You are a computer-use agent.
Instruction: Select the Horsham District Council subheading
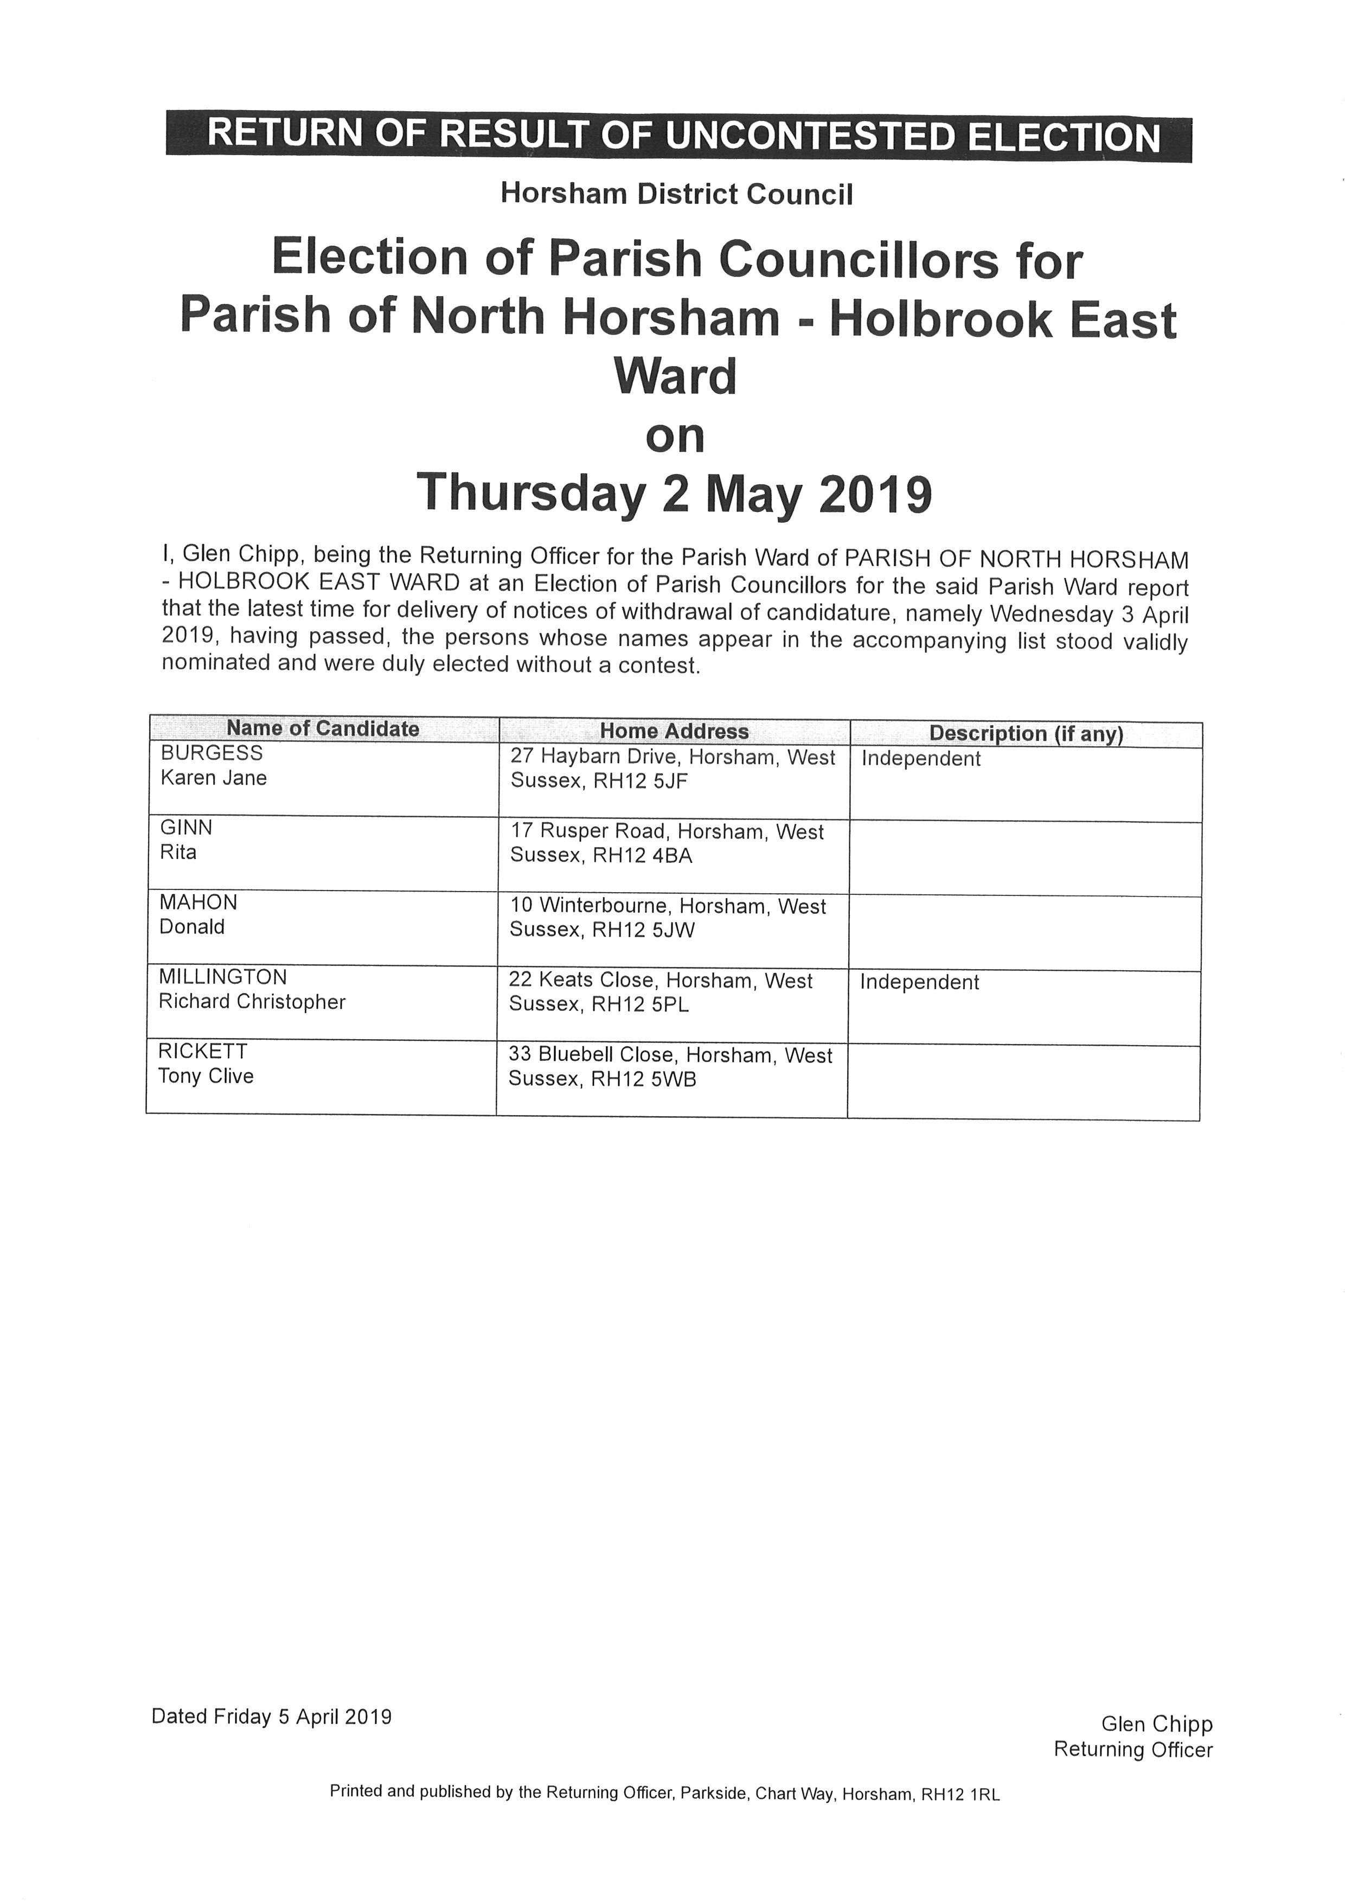[676, 194]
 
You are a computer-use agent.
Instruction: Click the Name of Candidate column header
[323, 729]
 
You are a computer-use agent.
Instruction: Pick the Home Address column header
[674, 732]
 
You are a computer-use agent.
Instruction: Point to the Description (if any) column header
[1026, 734]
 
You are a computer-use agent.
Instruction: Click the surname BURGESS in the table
[211, 753]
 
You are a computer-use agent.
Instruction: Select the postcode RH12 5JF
[640, 781]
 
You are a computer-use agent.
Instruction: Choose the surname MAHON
[198, 902]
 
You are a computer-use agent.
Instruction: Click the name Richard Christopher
[252, 1002]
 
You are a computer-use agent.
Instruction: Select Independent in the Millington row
[919, 983]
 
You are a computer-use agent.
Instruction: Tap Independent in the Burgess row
[921, 759]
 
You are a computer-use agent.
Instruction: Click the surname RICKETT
[202, 1051]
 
